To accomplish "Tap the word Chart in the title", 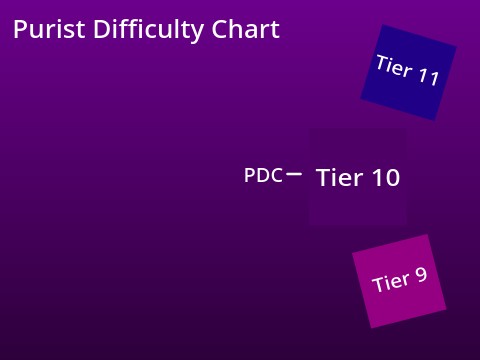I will click(x=246, y=30).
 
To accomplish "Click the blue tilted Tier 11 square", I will click(x=408, y=72).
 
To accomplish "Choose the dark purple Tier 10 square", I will click(x=358, y=177).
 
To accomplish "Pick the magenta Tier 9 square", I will click(x=399, y=281).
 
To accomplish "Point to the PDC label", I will click(x=263, y=175).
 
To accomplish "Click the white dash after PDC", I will click(x=294, y=174).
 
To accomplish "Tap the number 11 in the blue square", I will click(x=428, y=77).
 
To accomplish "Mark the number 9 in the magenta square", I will click(x=420, y=274).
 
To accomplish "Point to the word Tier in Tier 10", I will click(x=339, y=178).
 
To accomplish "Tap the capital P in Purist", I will click(x=20, y=30).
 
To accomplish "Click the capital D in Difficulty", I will click(x=99, y=30).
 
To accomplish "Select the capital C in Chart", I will click(x=220, y=30).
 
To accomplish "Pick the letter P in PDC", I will click(x=250, y=175).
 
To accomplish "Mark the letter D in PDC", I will click(x=263, y=175).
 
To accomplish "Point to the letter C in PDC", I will click(x=276, y=175).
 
